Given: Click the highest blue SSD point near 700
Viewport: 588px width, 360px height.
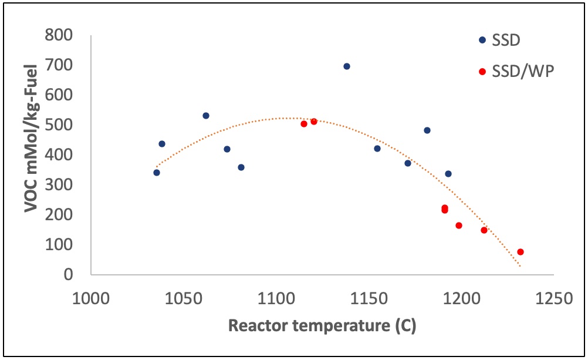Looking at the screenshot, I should click(x=346, y=66).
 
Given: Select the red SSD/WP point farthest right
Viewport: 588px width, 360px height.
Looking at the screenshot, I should click(x=520, y=252).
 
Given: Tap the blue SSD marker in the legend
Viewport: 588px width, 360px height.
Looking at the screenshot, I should click(x=482, y=40).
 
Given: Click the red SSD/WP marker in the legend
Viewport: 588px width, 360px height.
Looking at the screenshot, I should click(x=482, y=72).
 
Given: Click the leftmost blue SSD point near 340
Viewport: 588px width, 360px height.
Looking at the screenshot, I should click(x=157, y=173).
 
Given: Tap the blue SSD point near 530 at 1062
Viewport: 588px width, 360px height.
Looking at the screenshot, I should click(x=206, y=116).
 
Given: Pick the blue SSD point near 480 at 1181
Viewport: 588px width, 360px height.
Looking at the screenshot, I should click(x=427, y=130).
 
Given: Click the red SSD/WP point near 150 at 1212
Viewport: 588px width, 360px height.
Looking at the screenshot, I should click(x=484, y=230).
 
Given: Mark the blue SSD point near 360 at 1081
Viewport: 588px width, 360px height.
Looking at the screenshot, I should click(x=241, y=167).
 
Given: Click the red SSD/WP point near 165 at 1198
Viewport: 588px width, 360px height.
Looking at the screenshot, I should click(x=459, y=226).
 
